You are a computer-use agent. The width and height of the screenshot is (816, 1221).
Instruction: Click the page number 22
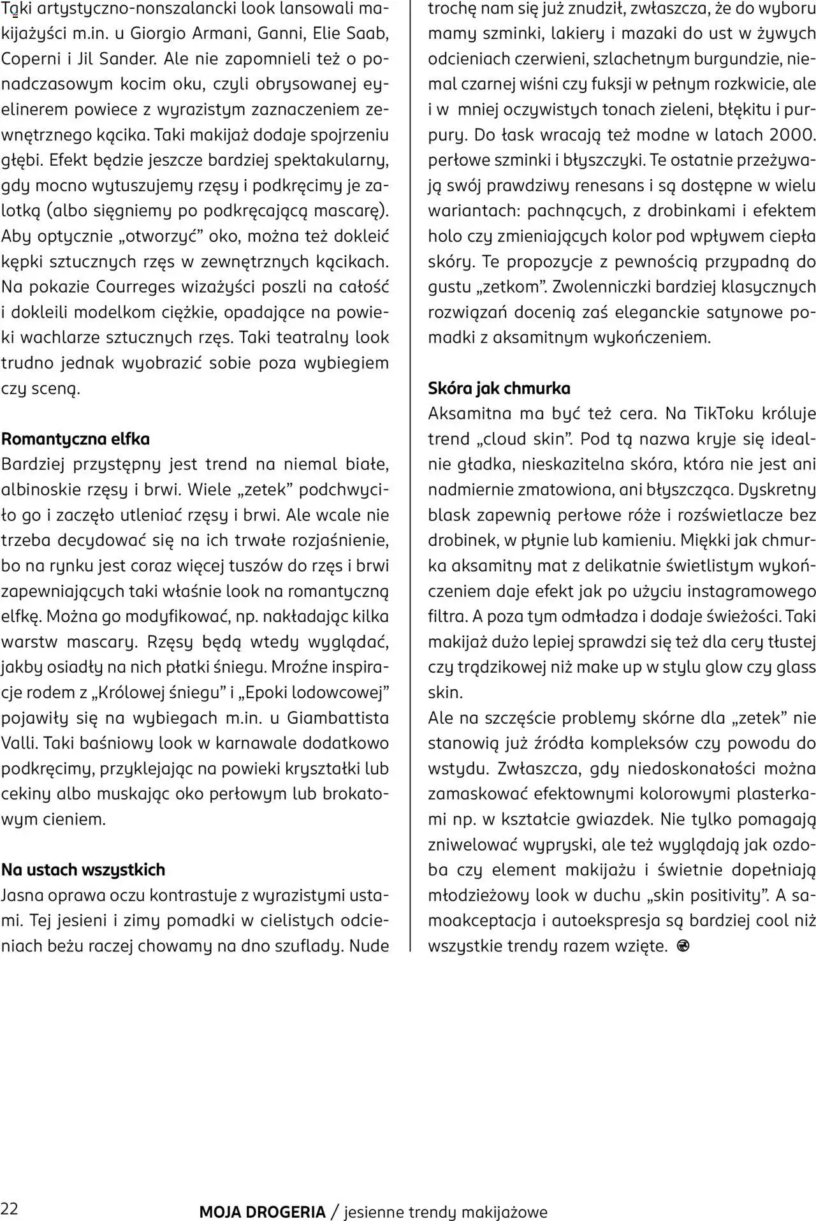click(x=10, y=1209)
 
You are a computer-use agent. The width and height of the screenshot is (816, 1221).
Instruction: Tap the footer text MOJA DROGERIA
click(x=262, y=1212)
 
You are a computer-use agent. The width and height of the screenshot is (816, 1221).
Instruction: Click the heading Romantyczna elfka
click(x=76, y=439)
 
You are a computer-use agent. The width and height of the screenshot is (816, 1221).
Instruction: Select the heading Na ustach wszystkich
click(x=83, y=870)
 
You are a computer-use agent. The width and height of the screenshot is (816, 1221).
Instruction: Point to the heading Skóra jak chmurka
click(x=499, y=388)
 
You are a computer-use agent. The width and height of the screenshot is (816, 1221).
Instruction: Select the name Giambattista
click(x=338, y=718)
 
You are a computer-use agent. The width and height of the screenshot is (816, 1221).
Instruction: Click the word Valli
click(x=19, y=743)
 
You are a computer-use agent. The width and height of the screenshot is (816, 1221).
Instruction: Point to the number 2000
click(x=790, y=135)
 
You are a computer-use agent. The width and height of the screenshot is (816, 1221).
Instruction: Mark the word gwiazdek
click(x=618, y=819)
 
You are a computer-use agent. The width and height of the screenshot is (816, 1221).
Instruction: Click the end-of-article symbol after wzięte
click(x=683, y=946)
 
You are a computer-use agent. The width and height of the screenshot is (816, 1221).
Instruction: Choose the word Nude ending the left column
click(x=368, y=946)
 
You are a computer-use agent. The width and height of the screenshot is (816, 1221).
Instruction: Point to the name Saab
click(x=368, y=33)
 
